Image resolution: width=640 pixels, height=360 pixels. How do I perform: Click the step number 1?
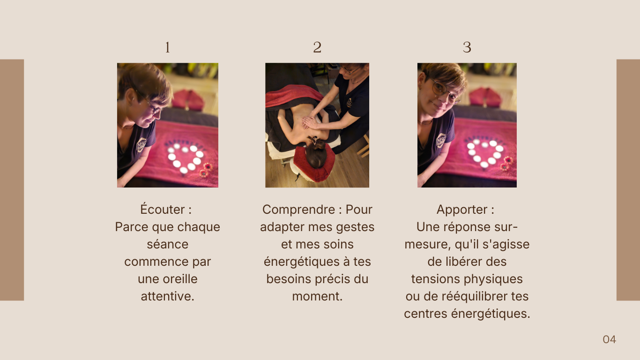coord(167,47)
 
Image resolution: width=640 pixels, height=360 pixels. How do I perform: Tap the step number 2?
coord(317,47)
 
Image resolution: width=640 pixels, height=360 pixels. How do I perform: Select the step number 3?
coord(467,47)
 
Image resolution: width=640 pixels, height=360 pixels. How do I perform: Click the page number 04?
coord(609,339)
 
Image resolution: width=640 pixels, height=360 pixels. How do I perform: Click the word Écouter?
coord(162,209)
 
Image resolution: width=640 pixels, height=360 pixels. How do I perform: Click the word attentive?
coord(167,296)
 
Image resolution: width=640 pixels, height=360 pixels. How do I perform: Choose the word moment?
coord(316,296)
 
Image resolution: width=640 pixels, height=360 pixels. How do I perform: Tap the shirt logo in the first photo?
coord(141,145)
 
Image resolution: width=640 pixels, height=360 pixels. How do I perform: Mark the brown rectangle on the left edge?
coord(12,180)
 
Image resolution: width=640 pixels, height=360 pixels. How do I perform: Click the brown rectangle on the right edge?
coord(628,180)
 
